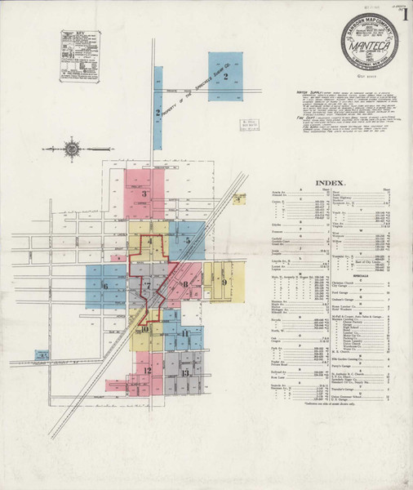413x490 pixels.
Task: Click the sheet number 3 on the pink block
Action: (x=144, y=194)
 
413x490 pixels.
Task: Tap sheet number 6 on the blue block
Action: (x=105, y=286)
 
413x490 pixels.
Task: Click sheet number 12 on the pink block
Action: (x=148, y=371)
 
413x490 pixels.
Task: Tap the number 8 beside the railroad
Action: (x=186, y=284)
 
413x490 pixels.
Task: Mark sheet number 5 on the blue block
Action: (x=188, y=241)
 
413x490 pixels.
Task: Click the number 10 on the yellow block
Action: (x=144, y=329)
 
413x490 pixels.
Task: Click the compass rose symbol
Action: (x=72, y=149)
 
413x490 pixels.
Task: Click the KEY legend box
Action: (x=79, y=56)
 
